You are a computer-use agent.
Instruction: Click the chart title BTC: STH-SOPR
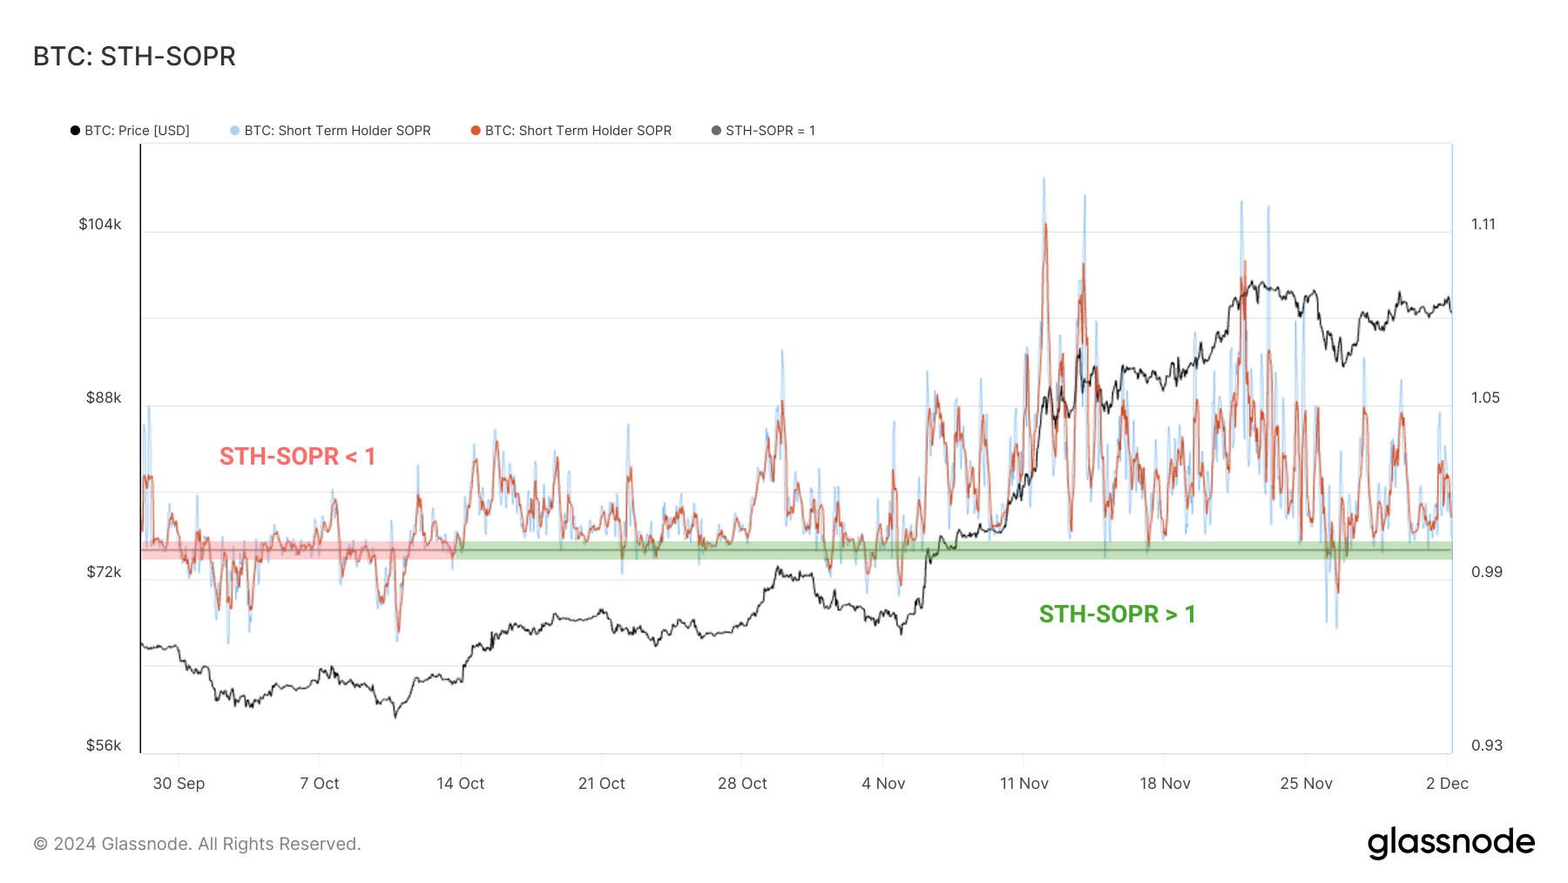(134, 57)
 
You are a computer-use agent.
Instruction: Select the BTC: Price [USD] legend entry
(130, 131)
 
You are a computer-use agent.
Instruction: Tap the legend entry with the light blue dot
(330, 131)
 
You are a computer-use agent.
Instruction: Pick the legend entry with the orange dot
(571, 131)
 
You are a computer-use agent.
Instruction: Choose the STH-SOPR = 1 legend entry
(763, 131)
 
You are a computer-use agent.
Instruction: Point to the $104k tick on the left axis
(100, 224)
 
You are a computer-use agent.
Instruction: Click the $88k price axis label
(104, 397)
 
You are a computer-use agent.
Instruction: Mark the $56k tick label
(104, 745)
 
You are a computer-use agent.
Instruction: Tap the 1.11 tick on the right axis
(1484, 224)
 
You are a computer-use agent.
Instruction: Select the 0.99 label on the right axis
(1487, 572)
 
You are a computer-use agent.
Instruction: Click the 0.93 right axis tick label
(1487, 745)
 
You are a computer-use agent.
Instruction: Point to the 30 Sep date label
(179, 784)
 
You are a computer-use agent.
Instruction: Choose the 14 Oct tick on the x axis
(461, 784)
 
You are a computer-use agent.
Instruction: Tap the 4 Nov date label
(883, 784)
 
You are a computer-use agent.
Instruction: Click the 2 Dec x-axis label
(1447, 784)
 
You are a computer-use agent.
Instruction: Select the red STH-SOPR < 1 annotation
(297, 456)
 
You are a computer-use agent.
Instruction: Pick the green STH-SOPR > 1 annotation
(1117, 614)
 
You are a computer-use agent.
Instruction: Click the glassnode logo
(1450, 843)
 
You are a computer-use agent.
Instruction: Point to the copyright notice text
(197, 844)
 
